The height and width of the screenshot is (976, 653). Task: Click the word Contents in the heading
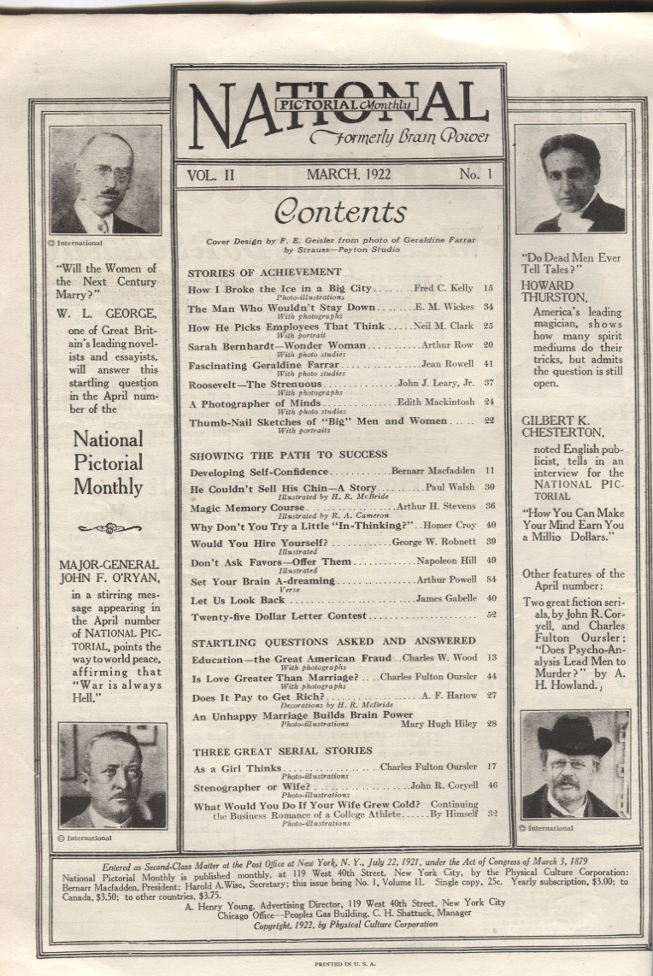coord(339,211)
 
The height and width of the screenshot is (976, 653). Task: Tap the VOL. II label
coord(209,174)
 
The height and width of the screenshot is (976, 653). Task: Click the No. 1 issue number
coord(469,174)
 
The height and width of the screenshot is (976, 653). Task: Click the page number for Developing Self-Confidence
coord(490,471)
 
